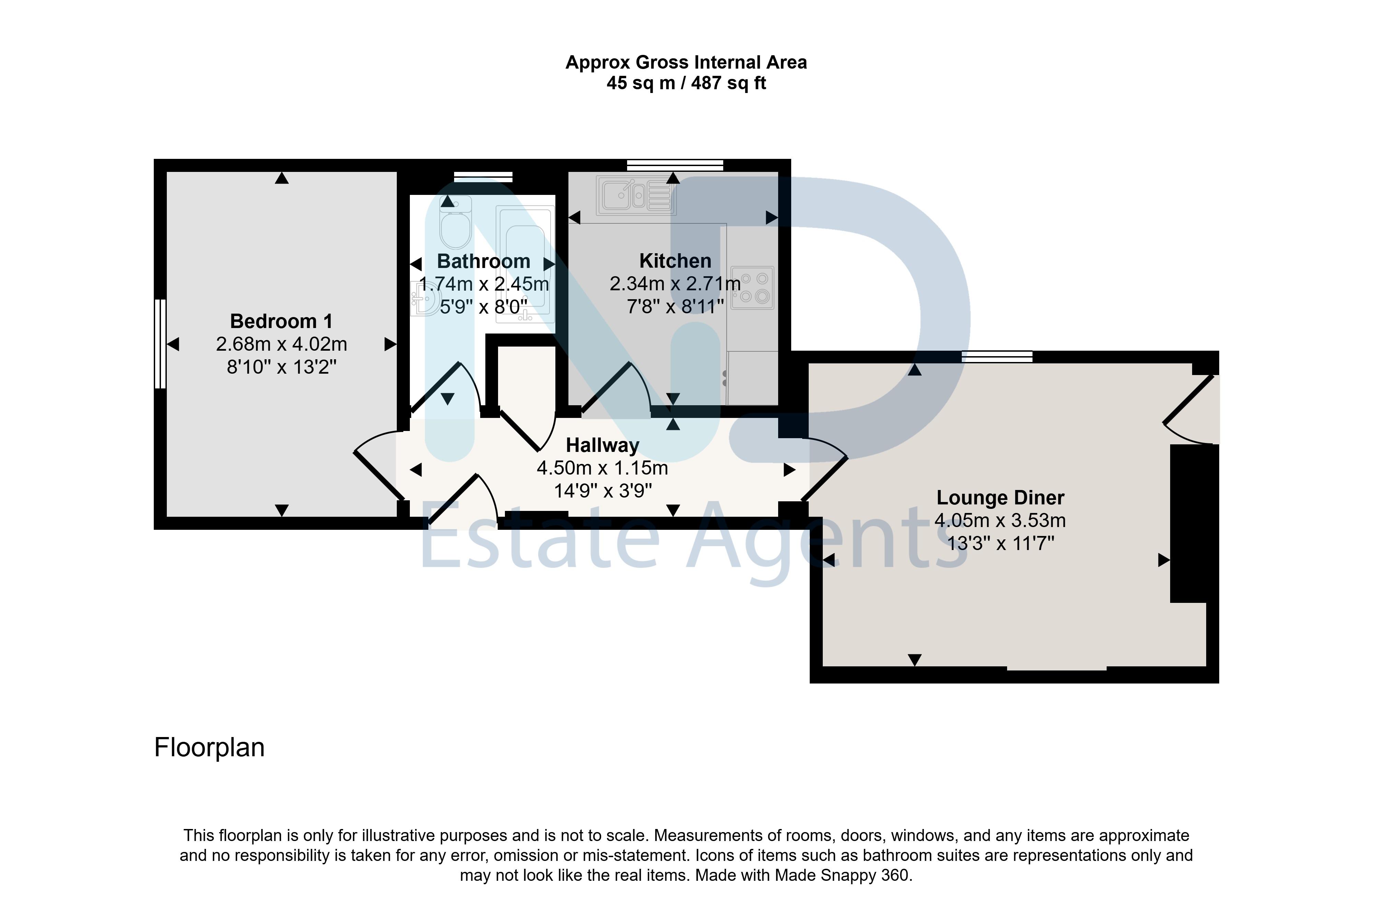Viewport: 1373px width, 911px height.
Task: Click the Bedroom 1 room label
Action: click(x=281, y=321)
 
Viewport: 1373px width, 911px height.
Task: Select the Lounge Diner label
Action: click(x=1000, y=498)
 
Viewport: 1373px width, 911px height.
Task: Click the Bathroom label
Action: click(x=483, y=261)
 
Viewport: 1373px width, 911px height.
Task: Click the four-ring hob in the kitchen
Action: click(x=752, y=288)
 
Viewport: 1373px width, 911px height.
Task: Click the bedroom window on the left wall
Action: click(x=160, y=343)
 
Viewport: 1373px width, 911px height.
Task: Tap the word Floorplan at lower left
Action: click(x=209, y=748)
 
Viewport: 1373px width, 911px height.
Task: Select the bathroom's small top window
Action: click(x=483, y=177)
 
